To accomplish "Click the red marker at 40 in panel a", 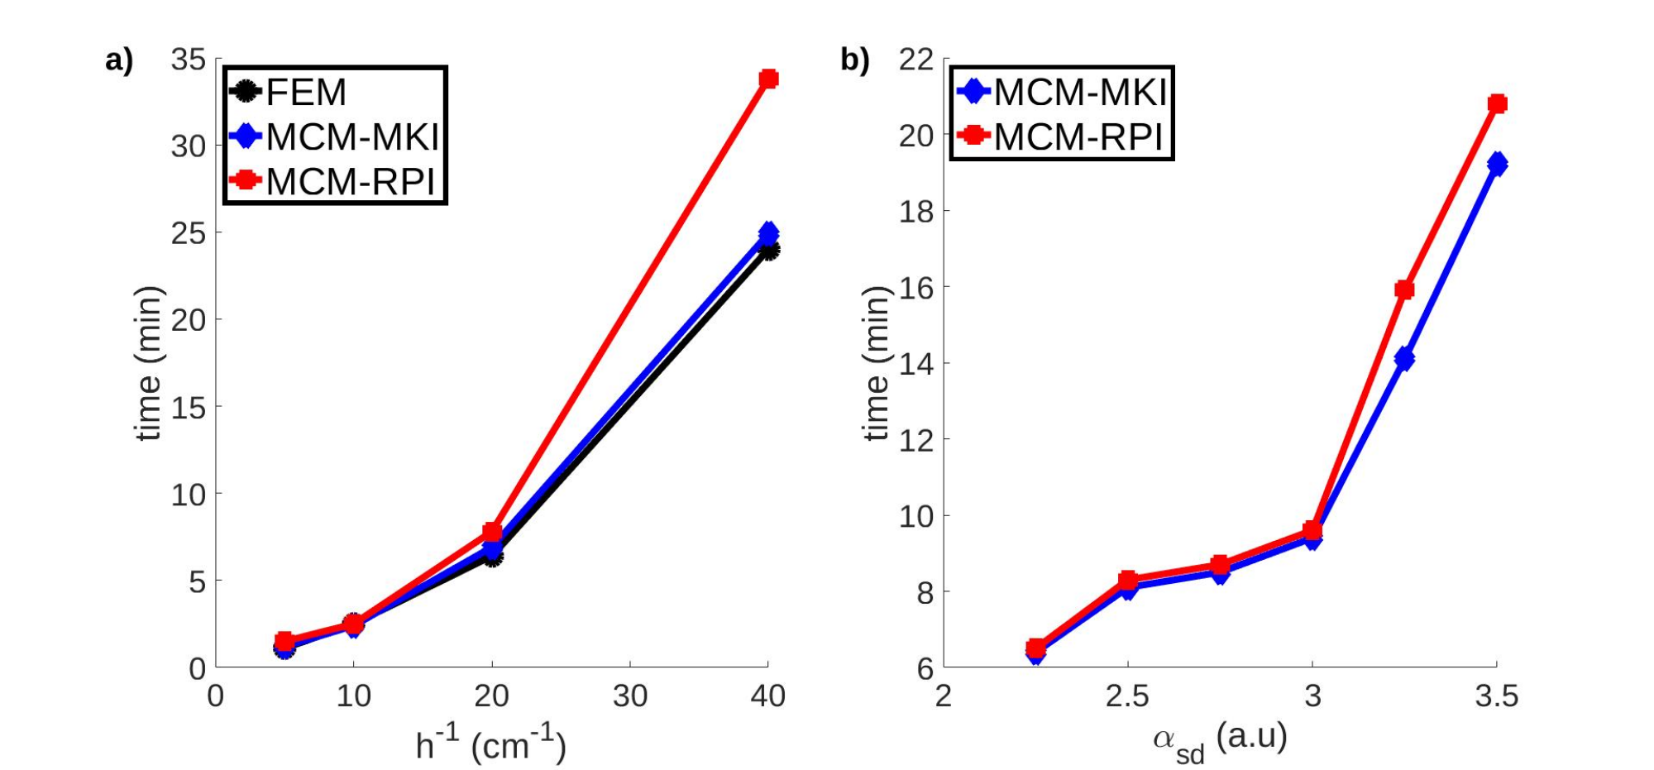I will click(768, 79).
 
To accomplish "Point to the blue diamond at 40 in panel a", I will click(768, 233).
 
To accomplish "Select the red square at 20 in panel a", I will click(492, 532).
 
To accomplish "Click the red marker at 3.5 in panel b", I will click(1497, 103).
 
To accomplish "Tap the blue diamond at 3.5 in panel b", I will click(1497, 164).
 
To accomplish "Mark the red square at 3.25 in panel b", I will click(1404, 289).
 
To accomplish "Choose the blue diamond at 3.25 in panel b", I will click(1404, 359).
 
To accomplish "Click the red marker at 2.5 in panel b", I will click(1128, 580).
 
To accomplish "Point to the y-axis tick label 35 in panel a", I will click(188, 60).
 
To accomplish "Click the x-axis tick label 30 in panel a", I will click(630, 697).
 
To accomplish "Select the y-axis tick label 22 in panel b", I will click(916, 60).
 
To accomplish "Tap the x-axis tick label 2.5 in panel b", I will click(1128, 697).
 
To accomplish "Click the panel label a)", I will click(119, 60).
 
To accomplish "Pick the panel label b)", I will click(855, 60).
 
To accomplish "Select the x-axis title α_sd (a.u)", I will click(1220, 739).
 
